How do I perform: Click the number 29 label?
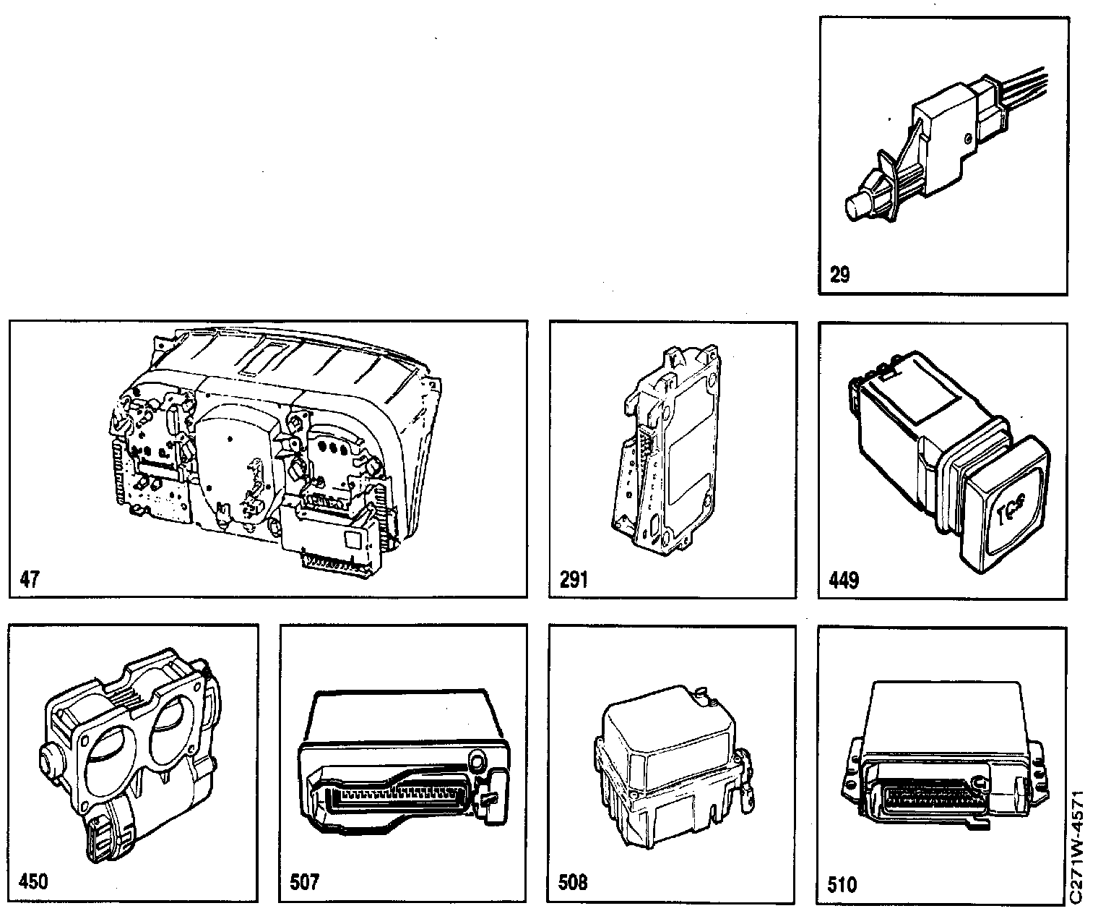pos(840,275)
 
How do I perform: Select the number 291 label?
pos(574,579)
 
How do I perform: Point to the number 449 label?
pos(844,579)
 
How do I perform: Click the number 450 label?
pos(33,881)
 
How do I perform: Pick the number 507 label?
pos(303,883)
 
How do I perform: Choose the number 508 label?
pos(573,883)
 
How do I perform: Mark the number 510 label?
pos(842,884)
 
